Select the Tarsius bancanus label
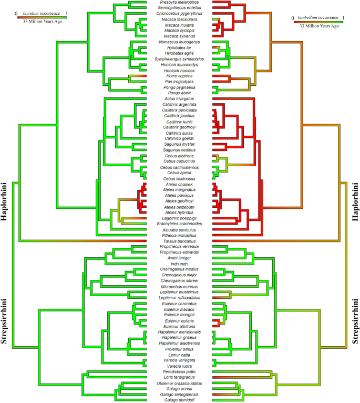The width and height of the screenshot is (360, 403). click(180, 241)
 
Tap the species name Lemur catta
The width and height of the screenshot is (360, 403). click(180, 355)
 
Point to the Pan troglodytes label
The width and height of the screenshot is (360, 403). click(180, 81)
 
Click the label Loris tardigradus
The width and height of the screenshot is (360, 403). click(180, 377)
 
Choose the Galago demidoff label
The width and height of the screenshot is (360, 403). click(180, 400)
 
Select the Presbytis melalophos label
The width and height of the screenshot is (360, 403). click(180, 3)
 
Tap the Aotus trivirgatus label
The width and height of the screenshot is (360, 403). click(180, 98)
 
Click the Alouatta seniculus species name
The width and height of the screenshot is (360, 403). click(180, 229)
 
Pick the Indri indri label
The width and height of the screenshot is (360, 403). click(180, 264)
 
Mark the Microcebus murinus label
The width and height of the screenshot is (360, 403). click(180, 286)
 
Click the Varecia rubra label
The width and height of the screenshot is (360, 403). click(180, 366)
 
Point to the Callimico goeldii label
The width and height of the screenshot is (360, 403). click(180, 138)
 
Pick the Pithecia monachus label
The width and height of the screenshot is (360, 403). click(180, 235)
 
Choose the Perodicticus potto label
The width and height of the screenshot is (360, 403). click(180, 371)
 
